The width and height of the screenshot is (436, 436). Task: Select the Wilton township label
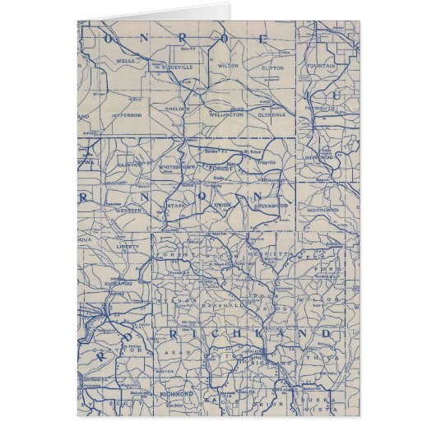228,61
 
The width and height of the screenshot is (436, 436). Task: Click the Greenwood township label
271,206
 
